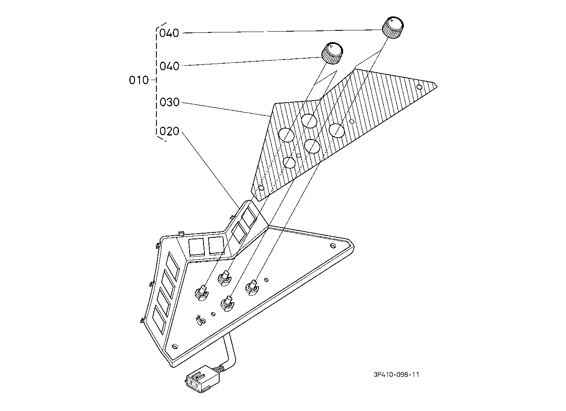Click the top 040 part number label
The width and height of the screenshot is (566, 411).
[169, 33]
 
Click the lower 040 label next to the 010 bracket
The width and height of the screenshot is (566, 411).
[169, 66]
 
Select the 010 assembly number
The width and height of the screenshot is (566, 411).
[139, 80]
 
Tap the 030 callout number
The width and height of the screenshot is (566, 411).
[170, 102]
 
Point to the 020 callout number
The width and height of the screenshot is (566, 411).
[170, 131]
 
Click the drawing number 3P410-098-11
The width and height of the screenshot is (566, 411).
[396, 374]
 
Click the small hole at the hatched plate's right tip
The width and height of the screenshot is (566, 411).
[419, 87]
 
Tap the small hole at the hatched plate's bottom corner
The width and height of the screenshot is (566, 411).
[261, 188]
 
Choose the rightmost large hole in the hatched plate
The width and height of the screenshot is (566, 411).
[336, 130]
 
